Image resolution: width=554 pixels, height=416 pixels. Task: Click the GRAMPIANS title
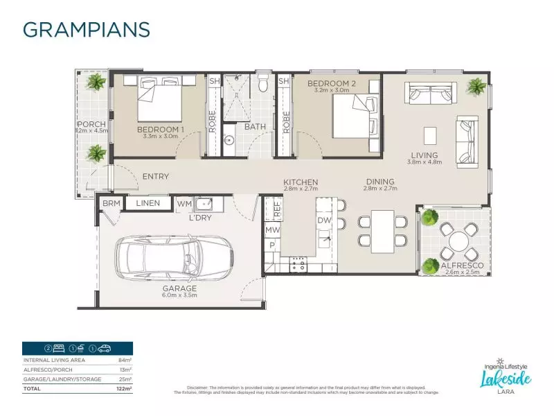[87, 29]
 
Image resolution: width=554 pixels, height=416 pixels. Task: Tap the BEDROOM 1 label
[161, 129]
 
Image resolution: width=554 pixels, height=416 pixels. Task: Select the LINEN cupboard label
[148, 203]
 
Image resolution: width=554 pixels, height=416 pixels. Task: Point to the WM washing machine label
[184, 203]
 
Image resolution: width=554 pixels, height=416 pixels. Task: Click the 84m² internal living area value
[125, 361]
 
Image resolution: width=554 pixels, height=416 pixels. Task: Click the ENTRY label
[156, 177]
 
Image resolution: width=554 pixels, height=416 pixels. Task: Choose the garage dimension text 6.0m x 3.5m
[180, 295]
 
